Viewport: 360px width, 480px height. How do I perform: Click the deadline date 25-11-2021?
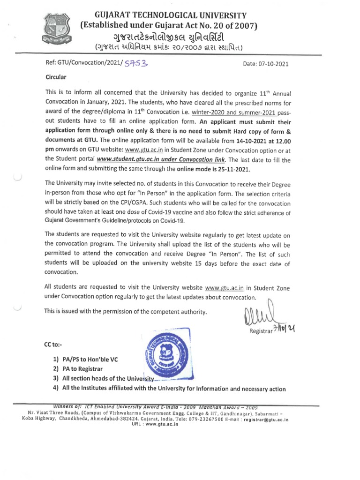coord(231,169)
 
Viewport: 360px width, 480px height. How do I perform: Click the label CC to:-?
coord(52,345)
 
